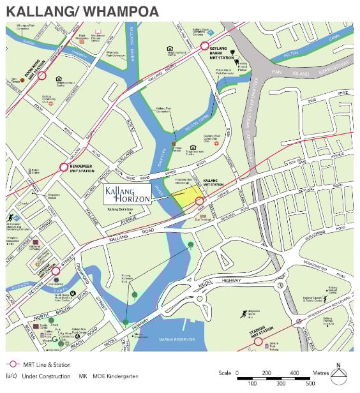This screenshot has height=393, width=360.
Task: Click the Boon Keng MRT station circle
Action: (x=42, y=75)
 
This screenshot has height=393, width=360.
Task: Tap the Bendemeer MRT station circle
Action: (x=64, y=168)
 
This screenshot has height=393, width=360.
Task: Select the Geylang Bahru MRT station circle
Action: (x=205, y=46)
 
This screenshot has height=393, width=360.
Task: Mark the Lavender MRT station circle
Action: (x=56, y=271)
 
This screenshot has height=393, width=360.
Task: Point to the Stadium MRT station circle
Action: (x=259, y=341)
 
